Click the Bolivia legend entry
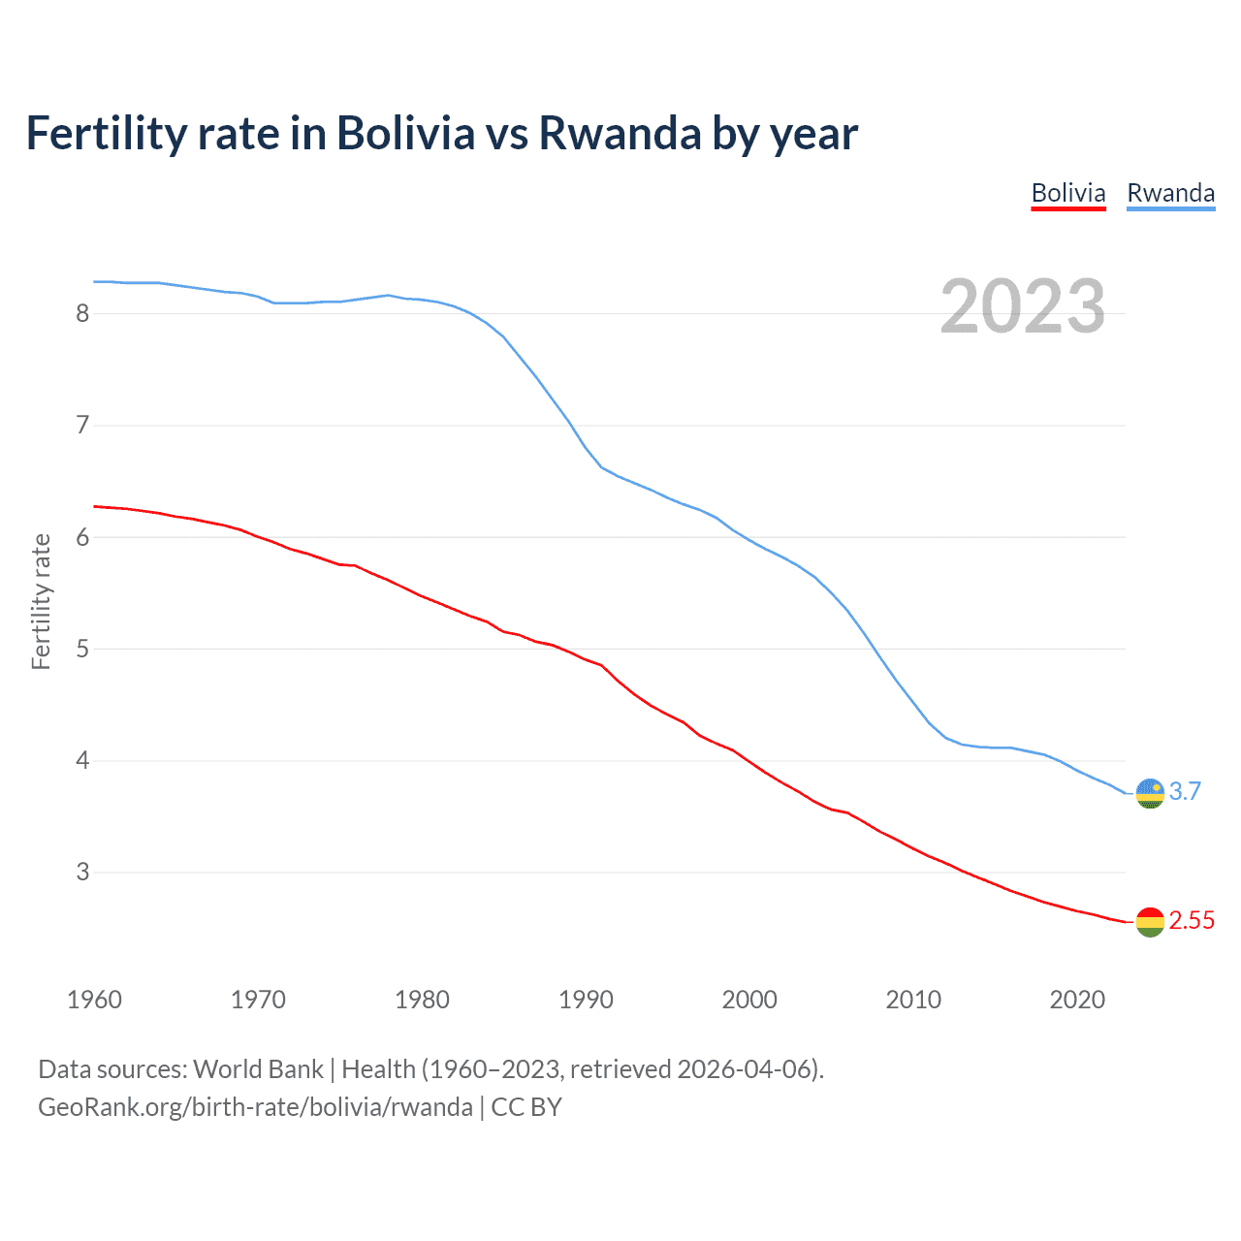pos(1067,193)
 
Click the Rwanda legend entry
pos(1170,193)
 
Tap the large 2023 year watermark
pos(1023,306)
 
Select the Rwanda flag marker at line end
pos(1150,793)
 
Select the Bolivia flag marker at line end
pos(1150,922)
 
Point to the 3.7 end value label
pos(1185,791)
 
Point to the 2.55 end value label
pos(1192,920)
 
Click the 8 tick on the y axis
pos(82,313)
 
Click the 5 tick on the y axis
pos(82,649)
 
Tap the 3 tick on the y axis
pos(82,872)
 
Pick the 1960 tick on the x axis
pos(94,1000)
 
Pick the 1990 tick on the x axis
pos(586,1000)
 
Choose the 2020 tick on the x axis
pos(1077,1000)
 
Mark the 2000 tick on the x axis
pos(749,1000)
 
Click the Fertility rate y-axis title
pos(41,601)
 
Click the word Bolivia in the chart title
pos(405,134)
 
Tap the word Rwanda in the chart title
pos(620,134)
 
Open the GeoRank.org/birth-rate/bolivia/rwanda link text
pos(255,1107)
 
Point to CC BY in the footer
pos(526,1107)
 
